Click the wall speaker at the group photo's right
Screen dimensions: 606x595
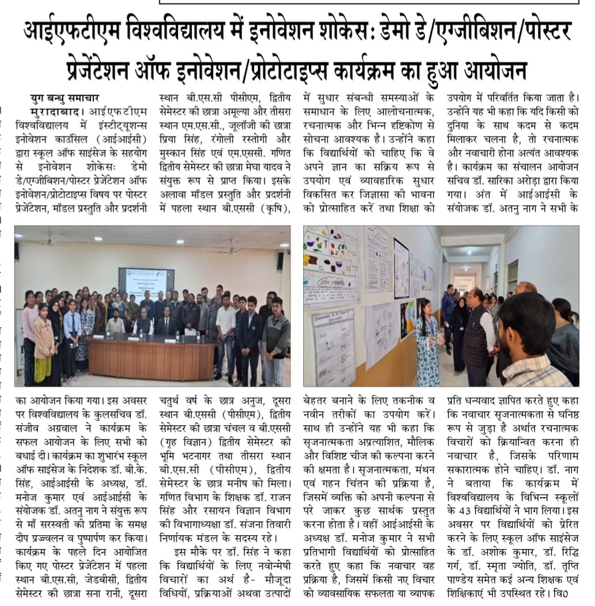coord(280,261)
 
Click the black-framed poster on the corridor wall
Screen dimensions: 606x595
coord(402,268)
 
